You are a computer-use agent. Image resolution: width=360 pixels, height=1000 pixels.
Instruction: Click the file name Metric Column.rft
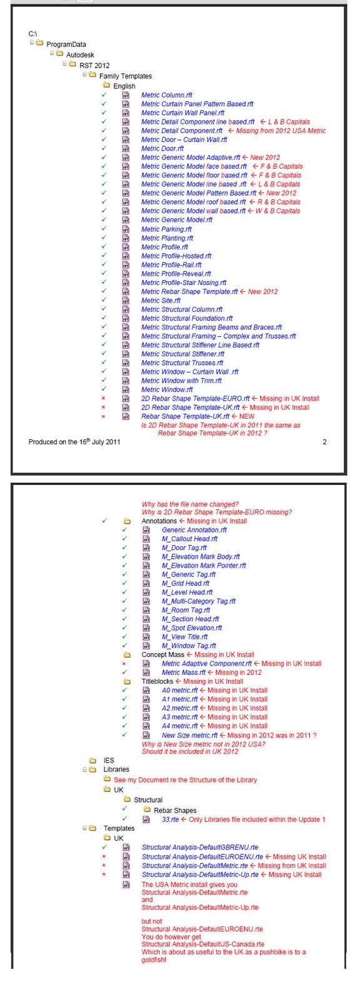(x=166, y=95)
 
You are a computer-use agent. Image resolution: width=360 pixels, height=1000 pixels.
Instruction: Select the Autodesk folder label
(x=80, y=55)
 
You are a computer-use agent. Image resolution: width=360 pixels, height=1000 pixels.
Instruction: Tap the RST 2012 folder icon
(x=72, y=64)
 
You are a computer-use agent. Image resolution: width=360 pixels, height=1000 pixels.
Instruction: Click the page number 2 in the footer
(x=324, y=442)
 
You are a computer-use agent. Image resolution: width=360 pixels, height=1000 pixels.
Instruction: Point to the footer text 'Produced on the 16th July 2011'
(x=74, y=442)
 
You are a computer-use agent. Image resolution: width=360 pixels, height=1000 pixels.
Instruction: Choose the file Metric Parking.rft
(x=167, y=229)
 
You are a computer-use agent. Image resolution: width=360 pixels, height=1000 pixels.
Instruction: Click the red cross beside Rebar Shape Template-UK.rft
(x=104, y=416)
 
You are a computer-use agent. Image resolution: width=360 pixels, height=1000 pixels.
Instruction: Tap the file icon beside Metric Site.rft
(x=126, y=301)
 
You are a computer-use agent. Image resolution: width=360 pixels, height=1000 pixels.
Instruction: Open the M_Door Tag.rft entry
(x=184, y=547)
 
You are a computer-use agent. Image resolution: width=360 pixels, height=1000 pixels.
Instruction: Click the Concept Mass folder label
(x=162, y=655)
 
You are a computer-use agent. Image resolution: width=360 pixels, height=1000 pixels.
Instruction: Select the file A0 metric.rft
(x=179, y=691)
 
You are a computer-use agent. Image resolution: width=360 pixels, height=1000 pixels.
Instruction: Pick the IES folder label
(x=109, y=761)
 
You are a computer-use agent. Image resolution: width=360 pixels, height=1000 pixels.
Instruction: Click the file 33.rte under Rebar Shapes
(x=170, y=819)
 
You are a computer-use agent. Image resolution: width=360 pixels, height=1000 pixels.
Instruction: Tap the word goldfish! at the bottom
(x=154, y=959)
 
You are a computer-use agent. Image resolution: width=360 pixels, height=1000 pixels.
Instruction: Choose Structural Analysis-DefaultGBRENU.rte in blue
(x=199, y=847)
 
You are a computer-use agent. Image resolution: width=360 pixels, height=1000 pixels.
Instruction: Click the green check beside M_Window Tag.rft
(x=124, y=646)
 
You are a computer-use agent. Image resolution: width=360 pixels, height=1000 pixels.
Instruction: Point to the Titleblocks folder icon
(x=127, y=681)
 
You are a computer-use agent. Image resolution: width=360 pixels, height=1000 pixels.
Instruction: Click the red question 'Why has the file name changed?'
(x=190, y=504)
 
